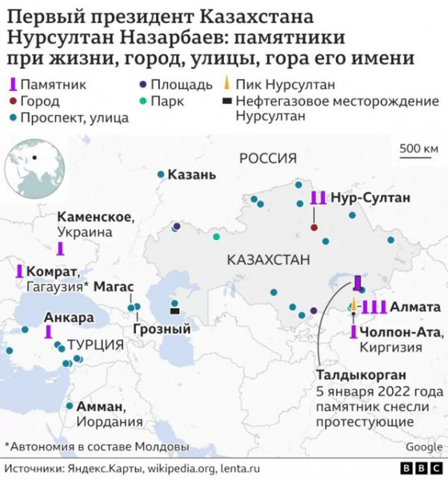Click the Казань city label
(192, 174)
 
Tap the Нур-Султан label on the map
(370, 197)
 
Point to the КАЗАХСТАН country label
(268, 260)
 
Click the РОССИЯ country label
(268, 158)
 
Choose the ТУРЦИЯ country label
(96, 344)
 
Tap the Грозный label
(162, 328)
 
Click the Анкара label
(69, 317)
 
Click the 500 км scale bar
(418, 149)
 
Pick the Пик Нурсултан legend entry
(291, 83)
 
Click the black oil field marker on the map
(174, 312)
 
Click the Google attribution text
(423, 446)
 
